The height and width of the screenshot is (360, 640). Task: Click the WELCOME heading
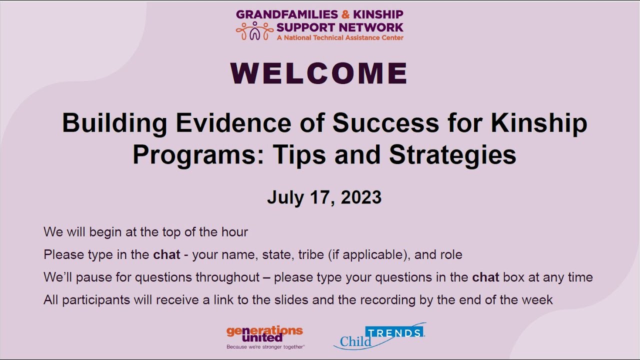pos(319,73)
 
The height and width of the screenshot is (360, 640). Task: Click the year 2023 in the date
pos(361,197)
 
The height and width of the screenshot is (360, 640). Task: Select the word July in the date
pos(284,197)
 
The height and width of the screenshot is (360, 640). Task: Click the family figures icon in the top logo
pos(254,31)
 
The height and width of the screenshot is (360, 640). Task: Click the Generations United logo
pos(264,334)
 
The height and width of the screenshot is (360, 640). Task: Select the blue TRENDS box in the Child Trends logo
pos(395,332)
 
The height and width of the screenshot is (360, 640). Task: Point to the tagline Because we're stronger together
pos(265,346)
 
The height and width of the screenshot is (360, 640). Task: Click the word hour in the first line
pos(234,232)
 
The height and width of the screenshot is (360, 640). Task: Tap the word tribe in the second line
pos(311,254)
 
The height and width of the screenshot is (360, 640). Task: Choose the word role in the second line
pos(451,254)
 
